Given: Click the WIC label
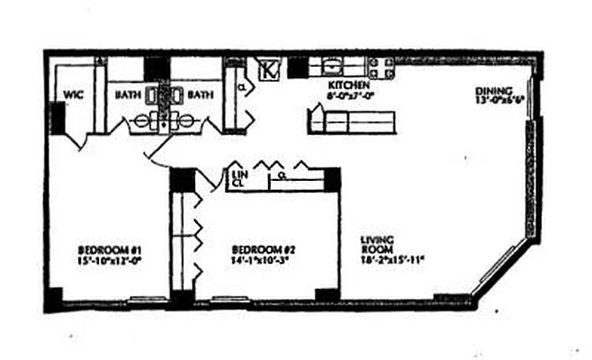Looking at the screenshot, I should (72, 94).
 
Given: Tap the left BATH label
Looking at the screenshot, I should (126, 94).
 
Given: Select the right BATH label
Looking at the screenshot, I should (200, 94).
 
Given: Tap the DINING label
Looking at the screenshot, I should (495, 90).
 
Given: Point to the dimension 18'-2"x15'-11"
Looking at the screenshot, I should (392, 260).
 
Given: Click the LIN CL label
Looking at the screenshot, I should (238, 178).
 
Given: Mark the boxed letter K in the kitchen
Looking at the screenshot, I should (267, 68).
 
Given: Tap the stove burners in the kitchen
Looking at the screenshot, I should (381, 67).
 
